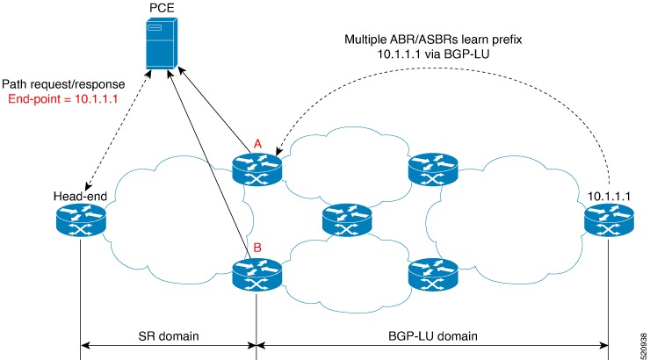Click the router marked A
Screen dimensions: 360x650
coord(256,168)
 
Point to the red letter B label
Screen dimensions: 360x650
coord(257,248)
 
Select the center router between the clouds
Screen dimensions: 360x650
coord(344,221)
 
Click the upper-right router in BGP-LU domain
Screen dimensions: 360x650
coord(432,168)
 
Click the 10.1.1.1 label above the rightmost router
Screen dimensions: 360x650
coord(609,196)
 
